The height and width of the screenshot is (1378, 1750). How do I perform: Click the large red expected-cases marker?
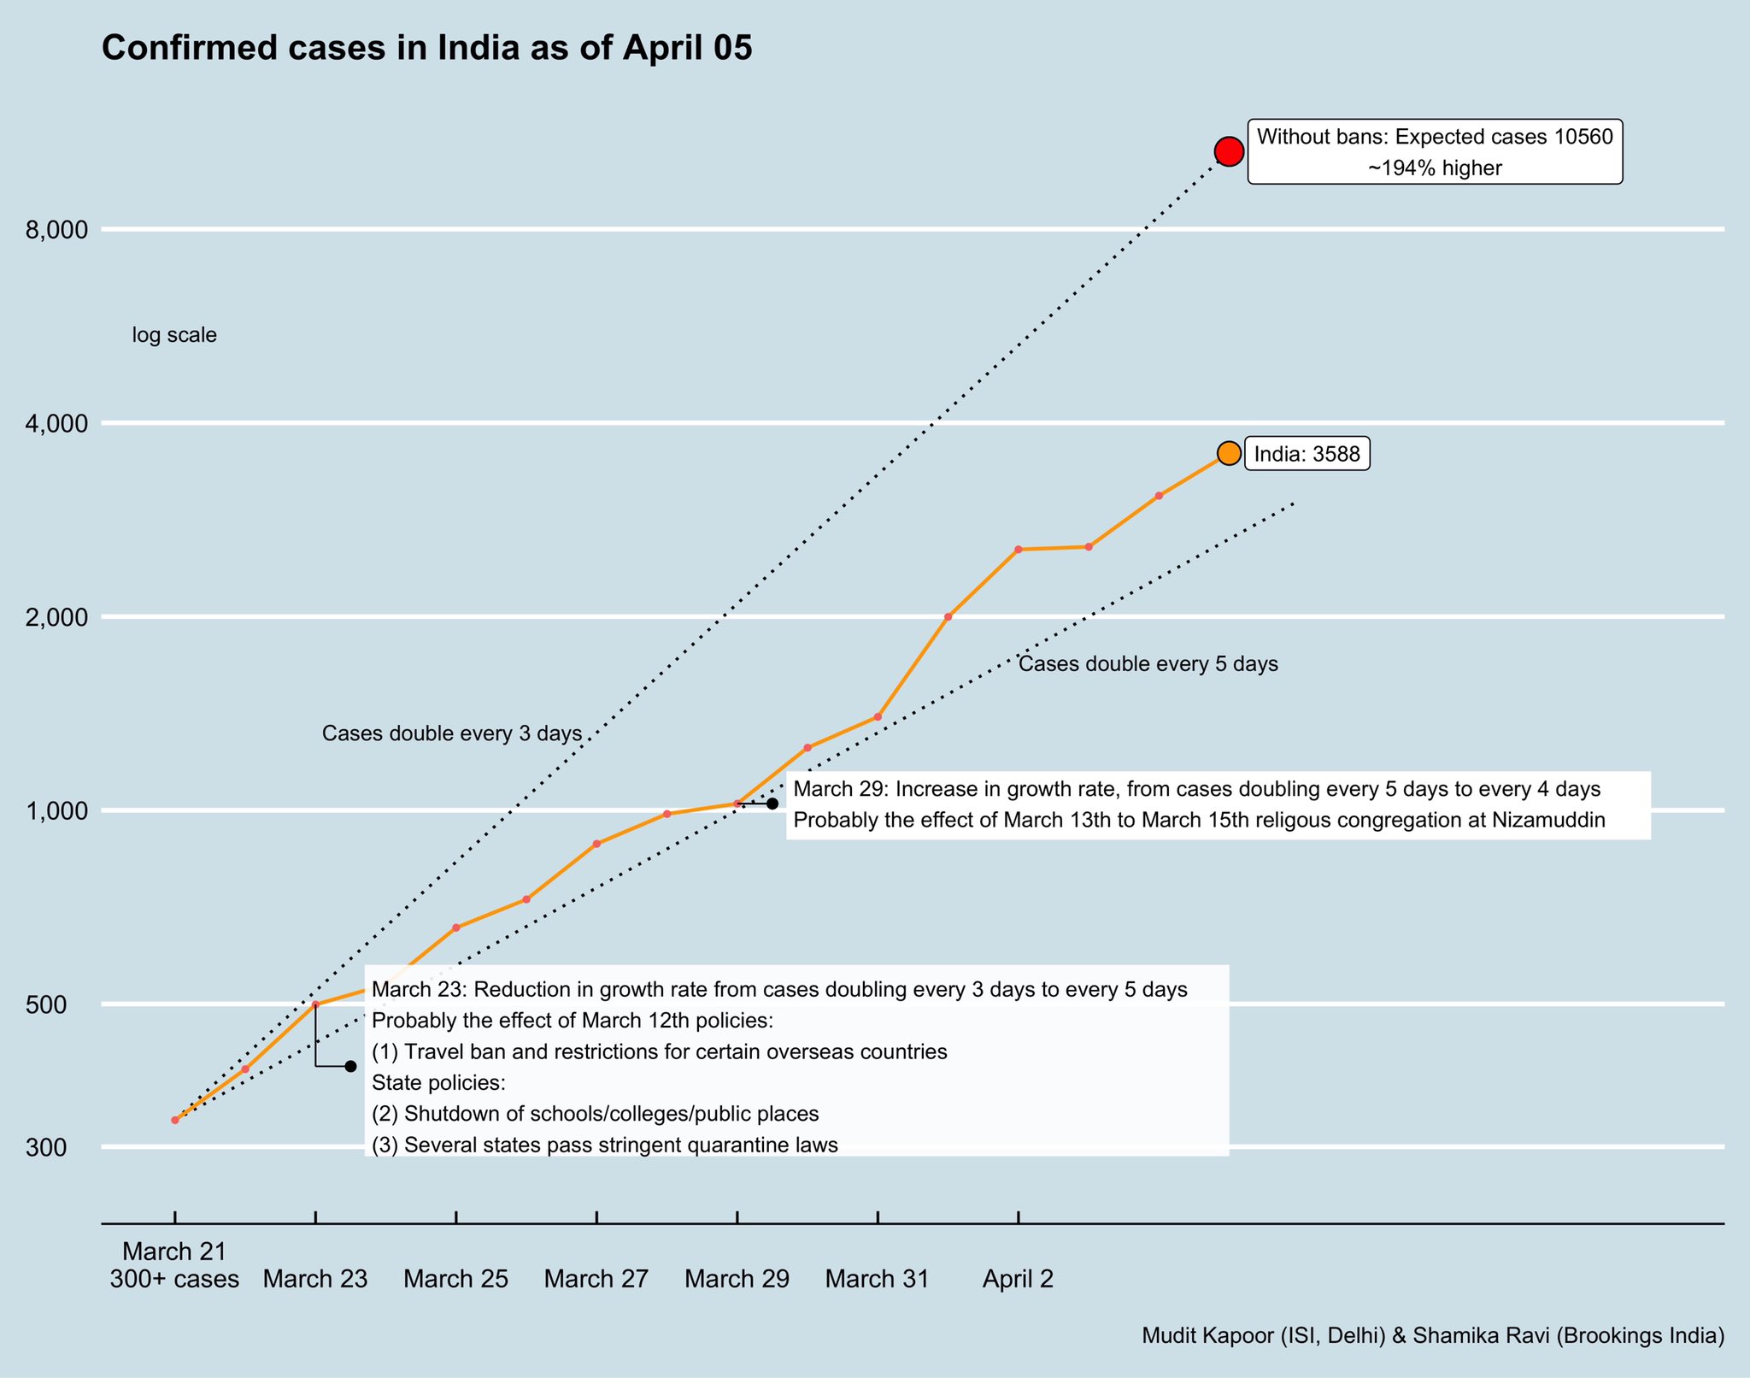click(1229, 151)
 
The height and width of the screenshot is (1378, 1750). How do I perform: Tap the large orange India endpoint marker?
click(1229, 453)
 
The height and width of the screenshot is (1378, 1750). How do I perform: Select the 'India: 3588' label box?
click(1307, 454)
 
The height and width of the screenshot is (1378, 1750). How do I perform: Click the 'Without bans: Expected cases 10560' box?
click(1434, 152)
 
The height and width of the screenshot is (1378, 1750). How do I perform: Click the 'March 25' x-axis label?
click(455, 1280)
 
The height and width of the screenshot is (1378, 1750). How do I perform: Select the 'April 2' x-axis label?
click(1018, 1280)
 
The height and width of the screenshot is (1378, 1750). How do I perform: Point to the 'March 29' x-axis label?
click(737, 1280)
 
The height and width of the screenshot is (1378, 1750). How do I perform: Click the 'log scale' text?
click(174, 336)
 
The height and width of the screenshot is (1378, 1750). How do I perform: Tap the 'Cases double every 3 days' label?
click(451, 733)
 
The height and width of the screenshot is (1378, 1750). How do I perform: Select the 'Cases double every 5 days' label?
click(1148, 664)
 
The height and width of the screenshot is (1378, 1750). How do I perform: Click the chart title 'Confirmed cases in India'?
click(426, 49)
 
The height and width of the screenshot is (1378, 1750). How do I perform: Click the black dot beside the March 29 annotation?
click(772, 804)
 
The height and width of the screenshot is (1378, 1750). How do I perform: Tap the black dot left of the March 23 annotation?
click(350, 1066)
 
